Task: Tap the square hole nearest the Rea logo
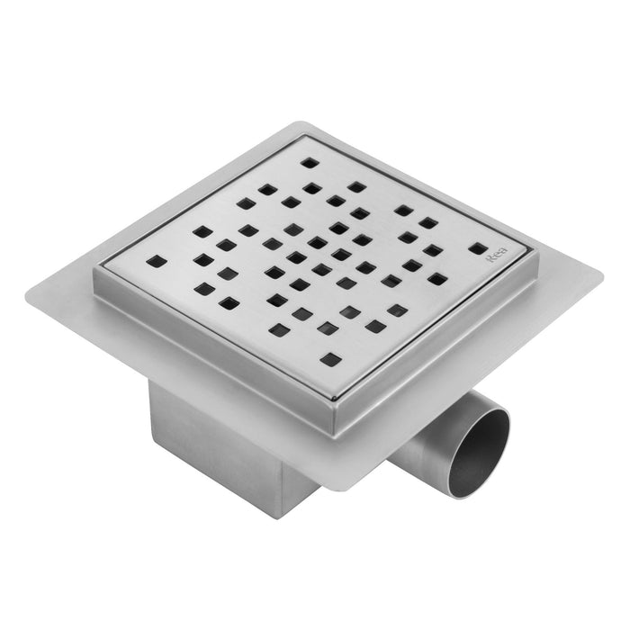(477, 248)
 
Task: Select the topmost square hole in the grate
(309, 163)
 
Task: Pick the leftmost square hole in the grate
(157, 262)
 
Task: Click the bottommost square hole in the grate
(331, 359)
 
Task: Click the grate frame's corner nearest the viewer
(338, 416)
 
